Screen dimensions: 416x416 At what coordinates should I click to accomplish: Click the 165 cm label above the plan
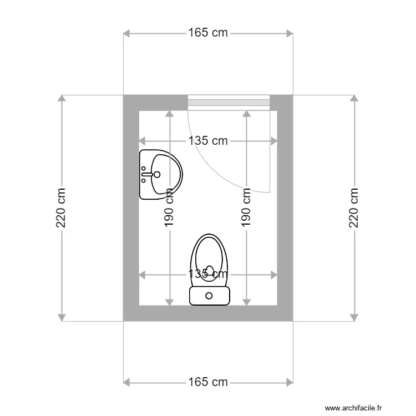tap(208, 33)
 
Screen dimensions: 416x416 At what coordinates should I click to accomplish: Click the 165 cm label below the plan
tap(208, 382)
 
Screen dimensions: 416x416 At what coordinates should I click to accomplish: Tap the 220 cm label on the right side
tap(354, 208)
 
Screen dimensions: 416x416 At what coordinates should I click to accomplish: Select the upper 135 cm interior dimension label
tap(208, 141)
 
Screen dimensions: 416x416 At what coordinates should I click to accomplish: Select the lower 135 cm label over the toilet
tap(208, 274)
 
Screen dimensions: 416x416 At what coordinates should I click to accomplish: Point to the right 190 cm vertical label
tap(246, 208)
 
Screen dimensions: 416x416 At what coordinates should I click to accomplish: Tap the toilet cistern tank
tap(209, 296)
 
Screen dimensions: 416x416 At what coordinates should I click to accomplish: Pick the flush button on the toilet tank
tap(209, 296)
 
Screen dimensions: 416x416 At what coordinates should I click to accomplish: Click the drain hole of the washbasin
tap(157, 174)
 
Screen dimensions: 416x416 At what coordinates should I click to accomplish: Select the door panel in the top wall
tap(229, 103)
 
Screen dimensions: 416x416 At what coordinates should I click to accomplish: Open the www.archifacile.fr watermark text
tap(354, 408)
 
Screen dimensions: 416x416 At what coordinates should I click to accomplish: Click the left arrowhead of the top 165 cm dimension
tap(126, 33)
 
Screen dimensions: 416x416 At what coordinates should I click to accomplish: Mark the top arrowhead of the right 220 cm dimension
tap(354, 98)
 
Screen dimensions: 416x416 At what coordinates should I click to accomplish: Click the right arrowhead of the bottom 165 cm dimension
tap(290, 382)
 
